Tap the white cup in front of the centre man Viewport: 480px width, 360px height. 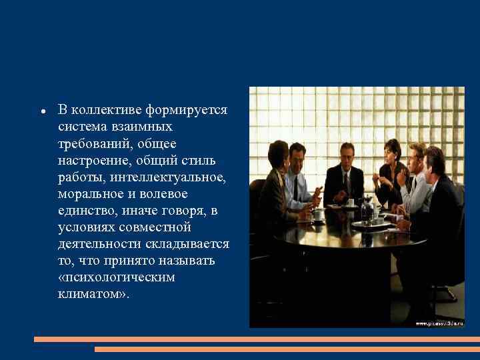point(350,202)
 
